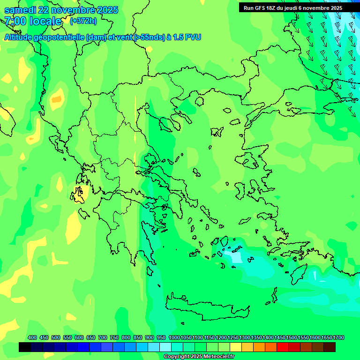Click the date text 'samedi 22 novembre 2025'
click(61, 10)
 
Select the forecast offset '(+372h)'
click(83, 21)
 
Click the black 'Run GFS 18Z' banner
click(293, 7)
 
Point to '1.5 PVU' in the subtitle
click(187, 37)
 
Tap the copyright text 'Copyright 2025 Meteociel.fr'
click(199, 356)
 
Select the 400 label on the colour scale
click(32, 337)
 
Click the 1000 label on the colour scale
click(174, 337)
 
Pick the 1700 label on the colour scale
click(338, 337)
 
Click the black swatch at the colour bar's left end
click(25, 347)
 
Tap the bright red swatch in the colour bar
click(283, 347)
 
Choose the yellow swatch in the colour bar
click(236, 347)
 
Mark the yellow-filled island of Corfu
click(78, 194)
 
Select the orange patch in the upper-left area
click(57, 99)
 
